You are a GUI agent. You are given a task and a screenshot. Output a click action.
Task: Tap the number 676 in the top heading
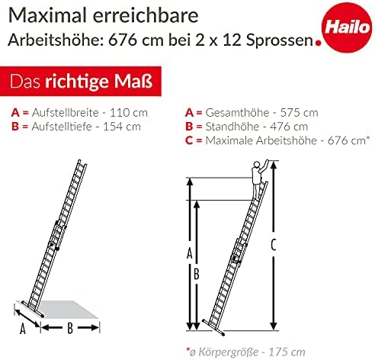coord(123,40)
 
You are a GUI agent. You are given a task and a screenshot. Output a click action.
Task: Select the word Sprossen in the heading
coord(280,40)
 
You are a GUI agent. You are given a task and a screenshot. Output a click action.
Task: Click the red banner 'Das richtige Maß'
coord(81,82)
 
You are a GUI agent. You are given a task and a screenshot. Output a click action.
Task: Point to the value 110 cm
coord(129,113)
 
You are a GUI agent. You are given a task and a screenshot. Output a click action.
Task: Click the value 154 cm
coord(122,127)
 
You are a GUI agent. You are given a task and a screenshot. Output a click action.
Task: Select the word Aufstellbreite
coord(66,113)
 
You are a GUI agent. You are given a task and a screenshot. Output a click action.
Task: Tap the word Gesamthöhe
coord(237,113)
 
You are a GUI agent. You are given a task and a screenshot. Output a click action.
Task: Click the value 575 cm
coord(299,113)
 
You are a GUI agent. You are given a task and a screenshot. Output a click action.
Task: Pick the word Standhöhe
coord(232,127)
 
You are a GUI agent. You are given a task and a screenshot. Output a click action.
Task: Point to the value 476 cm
coord(289,127)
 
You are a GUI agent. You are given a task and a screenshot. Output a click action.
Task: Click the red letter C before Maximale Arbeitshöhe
coord(189,140)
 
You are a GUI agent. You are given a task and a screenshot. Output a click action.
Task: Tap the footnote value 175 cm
coord(287,352)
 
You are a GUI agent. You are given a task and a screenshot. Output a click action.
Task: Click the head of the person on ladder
coord(257,164)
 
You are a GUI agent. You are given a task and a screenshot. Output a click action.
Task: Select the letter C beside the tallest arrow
coord(274,246)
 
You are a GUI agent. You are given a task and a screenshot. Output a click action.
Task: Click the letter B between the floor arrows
coord(70,328)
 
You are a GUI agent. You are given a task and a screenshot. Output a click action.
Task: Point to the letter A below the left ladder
coord(23,329)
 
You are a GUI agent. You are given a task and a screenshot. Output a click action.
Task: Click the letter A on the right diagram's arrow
coord(190,253)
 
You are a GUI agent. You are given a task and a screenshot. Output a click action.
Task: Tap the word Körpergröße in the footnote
coord(229,352)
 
